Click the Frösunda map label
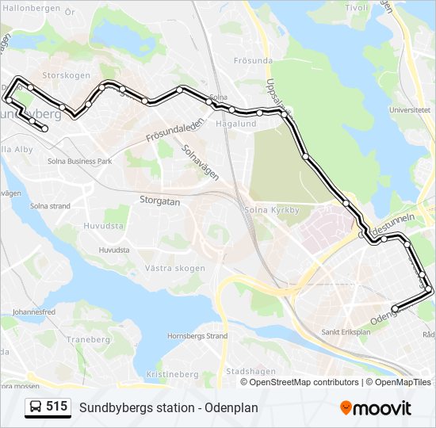coord(253,60)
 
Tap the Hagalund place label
coord(236,124)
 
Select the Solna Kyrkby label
coord(272,210)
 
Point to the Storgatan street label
coord(160,201)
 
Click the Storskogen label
coord(66,76)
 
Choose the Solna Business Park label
coord(78,161)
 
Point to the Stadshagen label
coord(251,371)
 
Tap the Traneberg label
coord(88,339)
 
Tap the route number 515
coord(56,407)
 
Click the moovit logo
coord(376,408)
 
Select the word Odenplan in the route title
coord(230,407)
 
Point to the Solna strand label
coord(50,206)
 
